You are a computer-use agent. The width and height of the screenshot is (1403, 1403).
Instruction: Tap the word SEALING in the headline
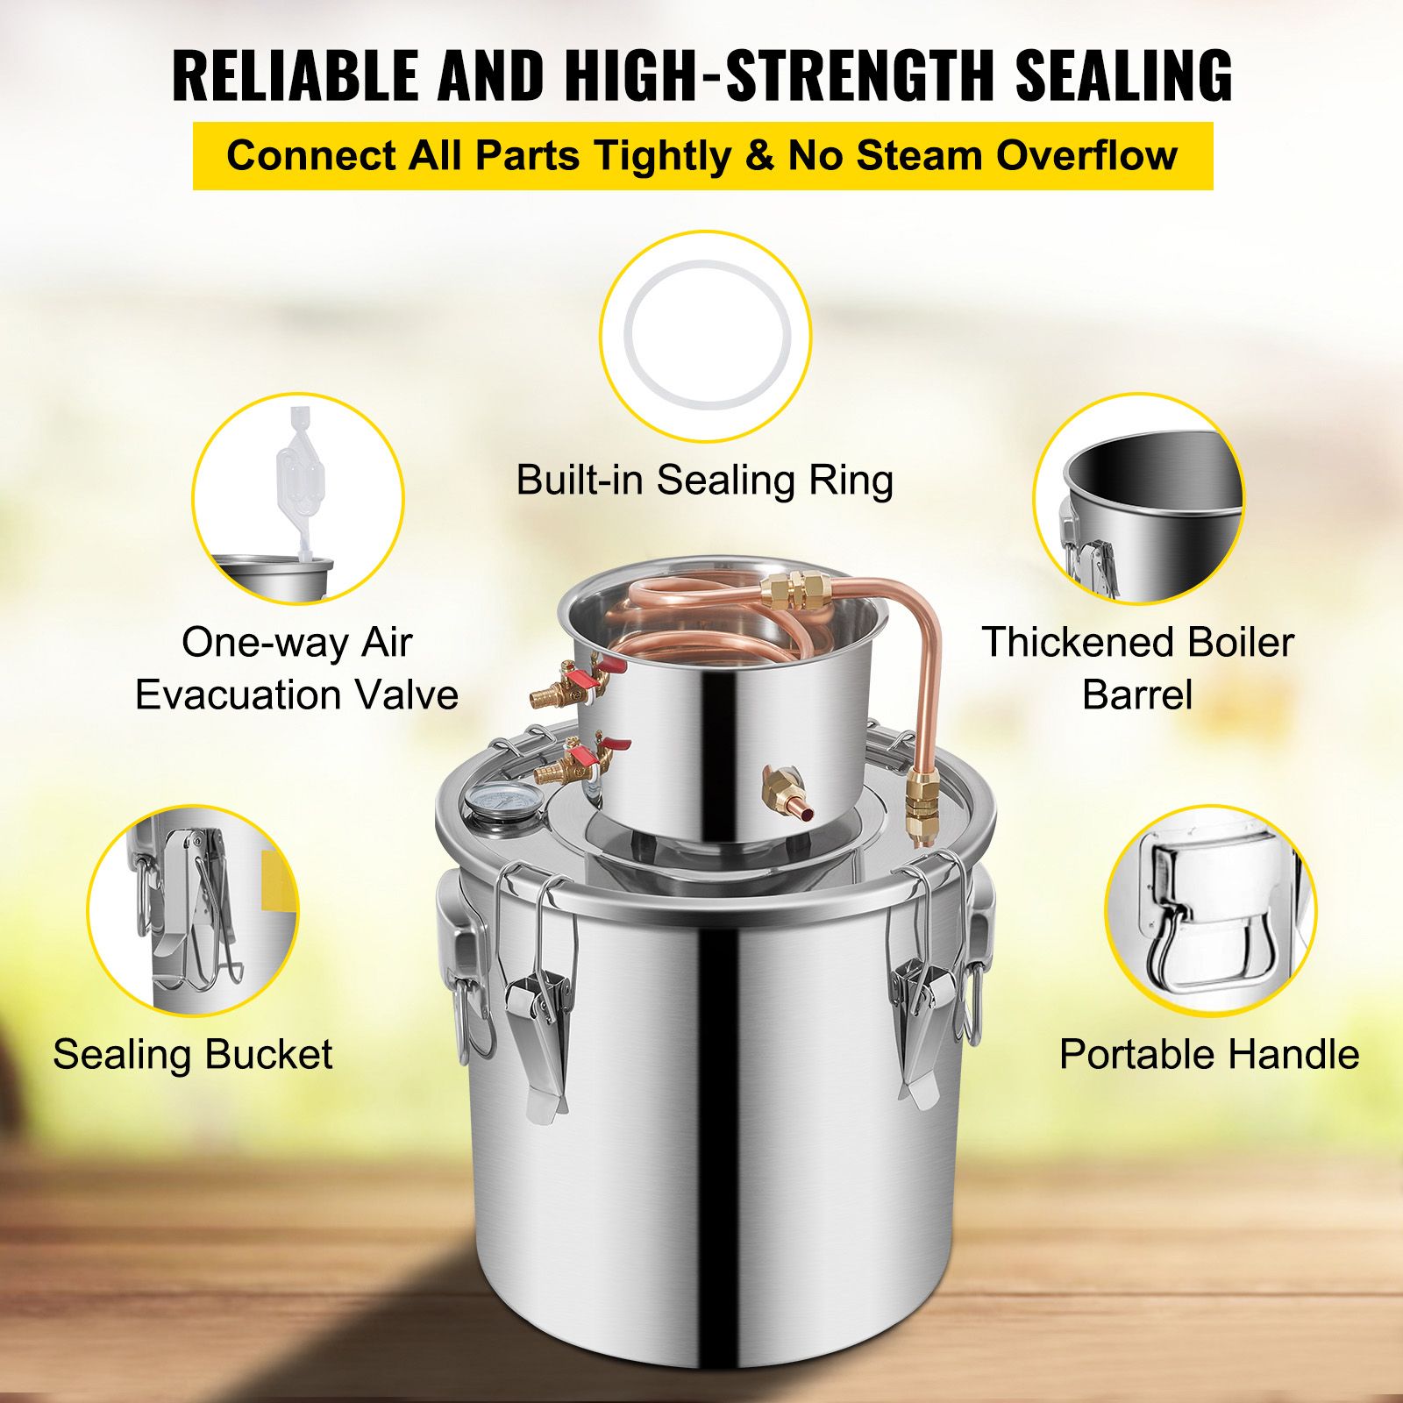point(1124,75)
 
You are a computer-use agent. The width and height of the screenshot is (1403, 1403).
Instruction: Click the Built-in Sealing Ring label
point(704,480)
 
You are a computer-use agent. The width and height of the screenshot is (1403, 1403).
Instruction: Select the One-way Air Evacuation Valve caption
point(296,668)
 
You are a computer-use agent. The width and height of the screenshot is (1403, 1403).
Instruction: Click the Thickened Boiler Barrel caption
point(1137,668)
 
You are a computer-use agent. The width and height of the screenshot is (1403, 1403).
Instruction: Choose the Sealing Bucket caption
point(193,1054)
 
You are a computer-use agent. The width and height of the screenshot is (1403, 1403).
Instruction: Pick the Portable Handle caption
point(1209,1054)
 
